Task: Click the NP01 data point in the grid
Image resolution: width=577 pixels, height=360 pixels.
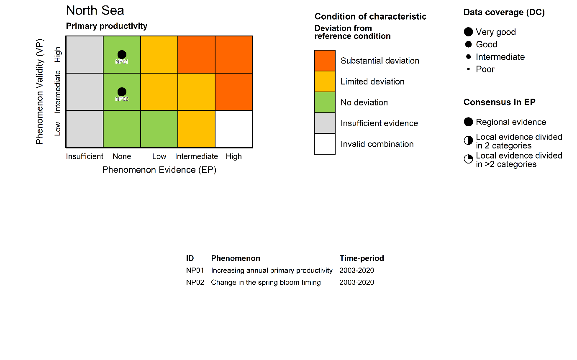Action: (122, 54)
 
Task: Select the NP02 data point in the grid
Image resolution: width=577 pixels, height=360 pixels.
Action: (122, 92)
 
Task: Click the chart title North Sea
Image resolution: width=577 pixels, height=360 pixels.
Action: (95, 10)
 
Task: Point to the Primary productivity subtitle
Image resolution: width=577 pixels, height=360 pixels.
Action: (107, 26)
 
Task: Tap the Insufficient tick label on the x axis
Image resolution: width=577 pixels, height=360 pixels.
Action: (85, 156)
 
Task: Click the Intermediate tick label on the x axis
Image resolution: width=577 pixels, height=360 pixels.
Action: (196, 156)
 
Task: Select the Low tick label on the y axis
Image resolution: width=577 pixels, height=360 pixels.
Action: (58, 128)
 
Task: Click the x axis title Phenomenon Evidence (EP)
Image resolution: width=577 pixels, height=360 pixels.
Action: (159, 170)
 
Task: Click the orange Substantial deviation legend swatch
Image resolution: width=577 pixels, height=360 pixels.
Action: (325, 61)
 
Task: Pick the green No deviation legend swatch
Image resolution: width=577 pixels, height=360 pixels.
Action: (325, 102)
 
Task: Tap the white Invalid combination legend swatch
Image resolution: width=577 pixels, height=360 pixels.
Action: (325, 144)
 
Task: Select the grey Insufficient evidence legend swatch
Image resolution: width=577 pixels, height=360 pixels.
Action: (325, 123)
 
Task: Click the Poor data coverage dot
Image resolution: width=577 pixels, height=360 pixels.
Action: (468, 69)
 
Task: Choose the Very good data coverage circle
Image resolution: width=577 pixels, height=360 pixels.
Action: (468, 32)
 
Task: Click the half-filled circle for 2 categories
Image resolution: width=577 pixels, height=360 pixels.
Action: (468, 141)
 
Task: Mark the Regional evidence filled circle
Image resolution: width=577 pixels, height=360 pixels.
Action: (468, 122)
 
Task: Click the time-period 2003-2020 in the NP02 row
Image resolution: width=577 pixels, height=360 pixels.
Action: (356, 282)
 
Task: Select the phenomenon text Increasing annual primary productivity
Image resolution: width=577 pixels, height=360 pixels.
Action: (272, 271)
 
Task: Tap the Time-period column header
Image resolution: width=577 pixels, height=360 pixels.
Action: (362, 258)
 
